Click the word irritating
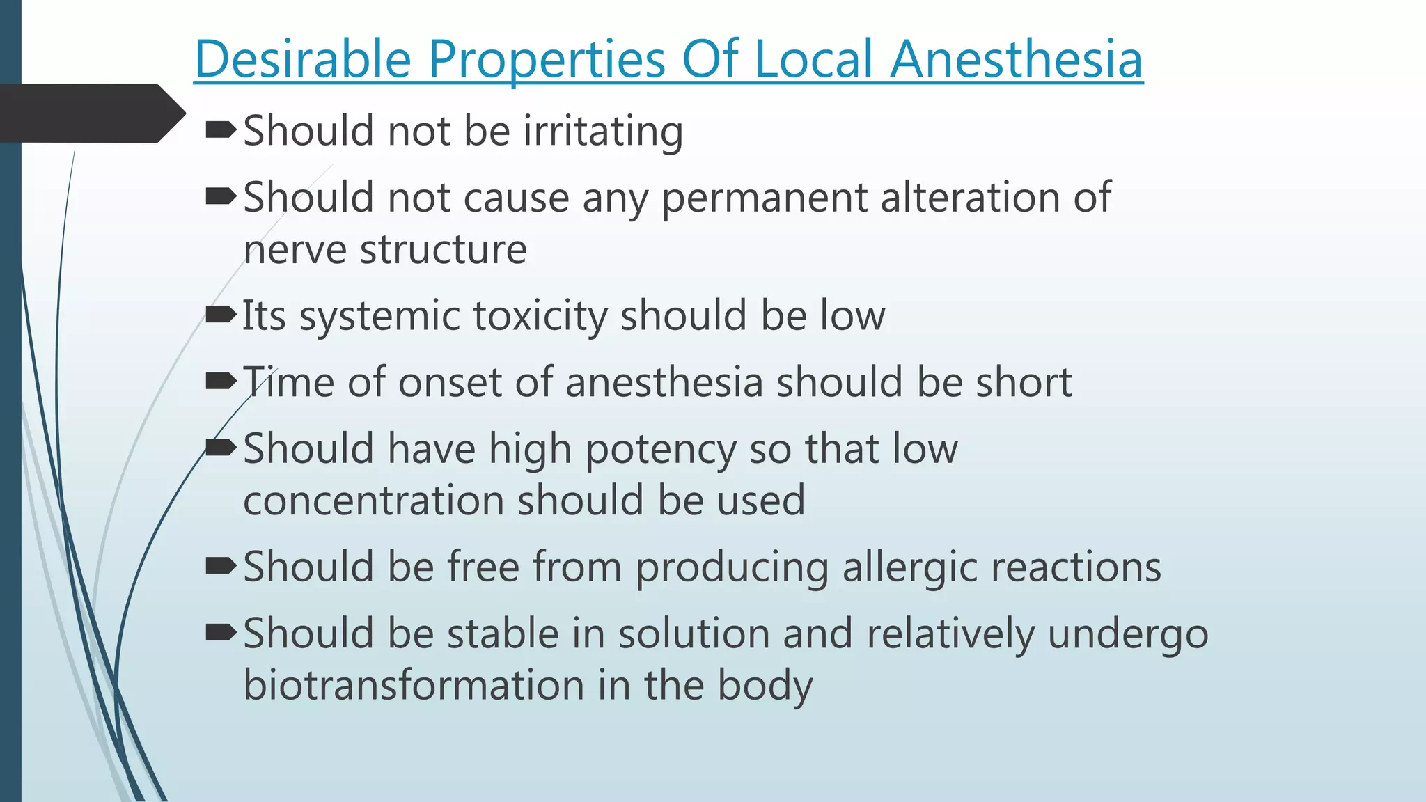(603, 132)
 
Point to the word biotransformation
(414, 685)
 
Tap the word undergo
(1128, 635)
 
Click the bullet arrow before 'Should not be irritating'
(221, 129)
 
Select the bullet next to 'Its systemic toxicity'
(221, 315)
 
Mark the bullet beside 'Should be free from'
(221, 566)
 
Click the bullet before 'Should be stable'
(221, 632)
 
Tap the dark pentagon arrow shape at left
(91, 113)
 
